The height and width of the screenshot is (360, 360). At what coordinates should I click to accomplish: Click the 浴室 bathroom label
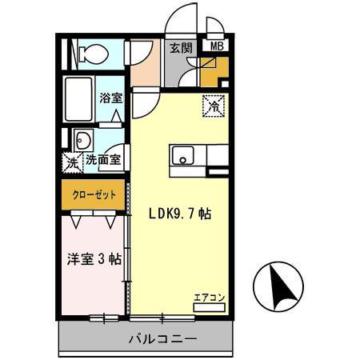point(110,99)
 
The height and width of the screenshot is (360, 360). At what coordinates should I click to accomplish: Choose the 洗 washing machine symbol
point(72,161)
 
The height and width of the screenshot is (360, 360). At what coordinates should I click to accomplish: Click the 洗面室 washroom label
point(104,159)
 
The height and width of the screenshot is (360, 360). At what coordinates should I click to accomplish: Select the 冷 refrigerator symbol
point(214,104)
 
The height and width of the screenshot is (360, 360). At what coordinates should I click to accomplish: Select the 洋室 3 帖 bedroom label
point(93,259)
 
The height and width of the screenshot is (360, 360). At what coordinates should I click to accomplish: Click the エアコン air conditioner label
point(210,298)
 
